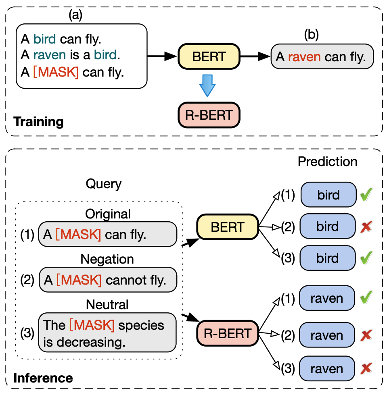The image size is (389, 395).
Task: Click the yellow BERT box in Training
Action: (209, 57)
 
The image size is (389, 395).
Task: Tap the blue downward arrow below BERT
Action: (208, 85)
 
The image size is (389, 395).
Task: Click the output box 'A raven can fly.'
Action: (322, 56)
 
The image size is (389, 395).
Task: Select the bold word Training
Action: (38, 122)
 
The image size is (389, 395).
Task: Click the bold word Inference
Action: (43, 378)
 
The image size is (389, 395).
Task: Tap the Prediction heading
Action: (327, 162)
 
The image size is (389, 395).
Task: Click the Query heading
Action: (103, 184)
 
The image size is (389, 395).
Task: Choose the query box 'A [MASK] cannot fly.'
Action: (108, 280)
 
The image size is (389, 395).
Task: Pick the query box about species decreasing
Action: (107, 333)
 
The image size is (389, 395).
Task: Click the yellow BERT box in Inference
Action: (227, 227)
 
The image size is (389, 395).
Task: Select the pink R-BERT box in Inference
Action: (227, 333)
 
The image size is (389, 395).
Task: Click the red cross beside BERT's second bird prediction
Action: (366, 227)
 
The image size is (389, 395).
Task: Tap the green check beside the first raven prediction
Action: (366, 298)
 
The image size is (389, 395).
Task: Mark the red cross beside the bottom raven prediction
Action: (366, 369)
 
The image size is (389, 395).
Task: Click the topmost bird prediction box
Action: (328, 195)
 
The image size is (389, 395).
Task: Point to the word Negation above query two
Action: (107, 259)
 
